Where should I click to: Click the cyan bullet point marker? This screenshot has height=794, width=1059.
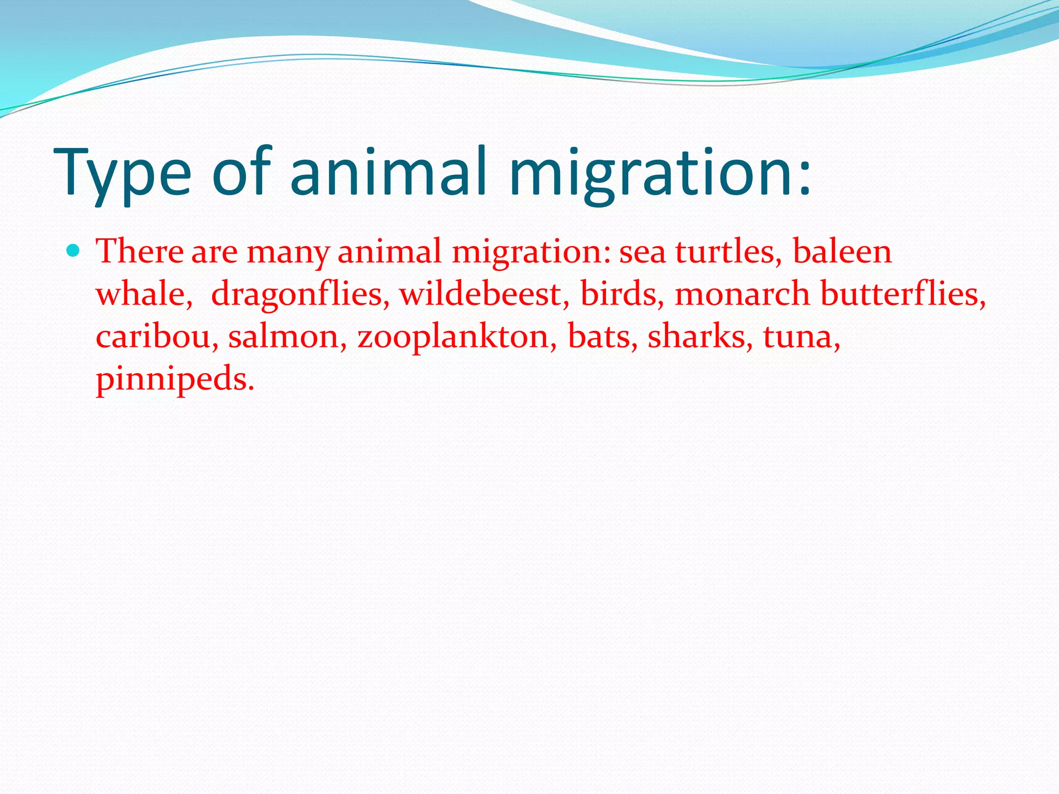click(x=74, y=251)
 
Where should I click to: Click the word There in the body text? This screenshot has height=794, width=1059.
click(x=140, y=252)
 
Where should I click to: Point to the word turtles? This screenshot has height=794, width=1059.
click(x=729, y=252)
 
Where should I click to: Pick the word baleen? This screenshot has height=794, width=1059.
click(x=842, y=252)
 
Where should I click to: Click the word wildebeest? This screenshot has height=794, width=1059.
click(x=484, y=294)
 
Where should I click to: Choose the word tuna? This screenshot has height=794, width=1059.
click(x=801, y=337)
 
